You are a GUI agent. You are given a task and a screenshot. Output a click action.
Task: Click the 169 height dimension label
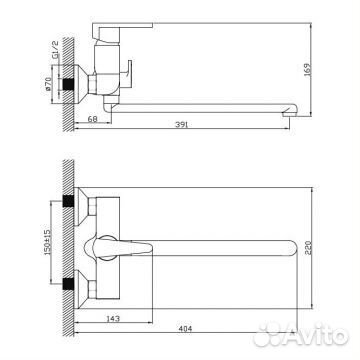pos(307,70)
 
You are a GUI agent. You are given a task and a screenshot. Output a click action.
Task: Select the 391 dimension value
pos(182,125)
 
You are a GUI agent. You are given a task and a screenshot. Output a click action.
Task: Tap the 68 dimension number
pos(92,119)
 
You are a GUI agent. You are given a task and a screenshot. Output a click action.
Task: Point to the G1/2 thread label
pos(56,49)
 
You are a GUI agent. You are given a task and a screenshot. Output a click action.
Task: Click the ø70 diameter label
pos(48,84)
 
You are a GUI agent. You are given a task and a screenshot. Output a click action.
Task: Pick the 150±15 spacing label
pos(47,242)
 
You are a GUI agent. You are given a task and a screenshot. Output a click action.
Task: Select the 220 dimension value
pos(308,248)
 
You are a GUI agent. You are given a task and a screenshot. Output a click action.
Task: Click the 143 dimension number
pos(113,319)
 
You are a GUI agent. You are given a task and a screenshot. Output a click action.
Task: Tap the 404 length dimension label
pos(185,329)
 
